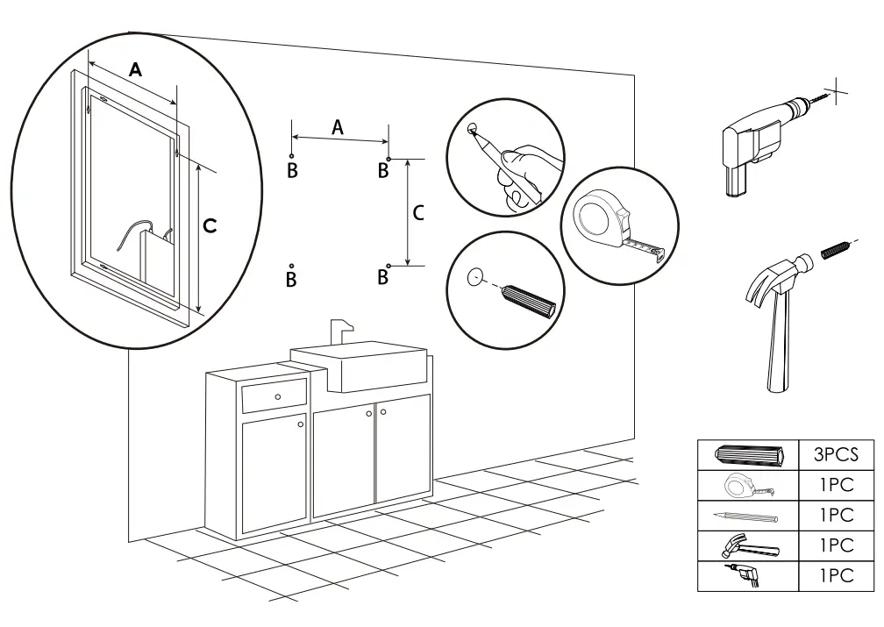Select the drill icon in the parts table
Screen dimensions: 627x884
tap(745, 576)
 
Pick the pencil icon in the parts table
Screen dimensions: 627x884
tap(746, 516)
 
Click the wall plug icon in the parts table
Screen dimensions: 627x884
tap(746, 455)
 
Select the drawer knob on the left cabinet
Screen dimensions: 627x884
tap(278, 398)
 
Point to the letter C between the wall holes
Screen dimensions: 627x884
tap(418, 212)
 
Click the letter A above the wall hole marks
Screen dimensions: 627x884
tap(337, 127)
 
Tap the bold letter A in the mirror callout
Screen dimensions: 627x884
tap(135, 70)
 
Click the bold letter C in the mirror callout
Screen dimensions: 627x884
tap(210, 226)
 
